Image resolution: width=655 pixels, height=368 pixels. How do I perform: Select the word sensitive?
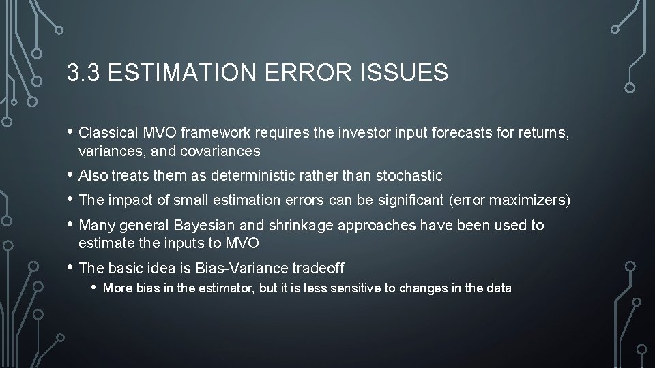click(355, 288)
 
